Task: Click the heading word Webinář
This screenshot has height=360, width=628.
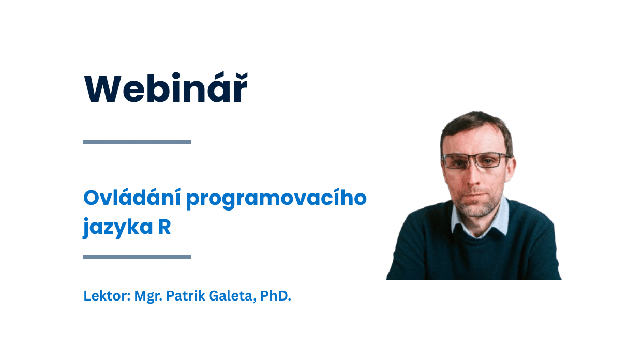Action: pyautogui.click(x=166, y=88)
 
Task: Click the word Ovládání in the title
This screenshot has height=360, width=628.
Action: pyautogui.click(x=132, y=198)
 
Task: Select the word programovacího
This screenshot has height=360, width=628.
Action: pyautogui.click(x=276, y=200)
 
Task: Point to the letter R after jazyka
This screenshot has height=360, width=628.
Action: pyautogui.click(x=165, y=227)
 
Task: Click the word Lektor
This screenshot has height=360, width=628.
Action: pyautogui.click(x=107, y=296)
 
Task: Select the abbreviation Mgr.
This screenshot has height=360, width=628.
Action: pyautogui.click(x=148, y=296)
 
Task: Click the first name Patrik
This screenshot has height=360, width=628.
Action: pyautogui.click(x=186, y=296)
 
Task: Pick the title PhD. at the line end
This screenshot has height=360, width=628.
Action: pyautogui.click(x=276, y=296)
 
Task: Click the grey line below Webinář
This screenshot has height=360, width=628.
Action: pyautogui.click(x=137, y=142)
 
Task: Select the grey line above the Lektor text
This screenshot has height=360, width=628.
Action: pyautogui.click(x=137, y=257)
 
